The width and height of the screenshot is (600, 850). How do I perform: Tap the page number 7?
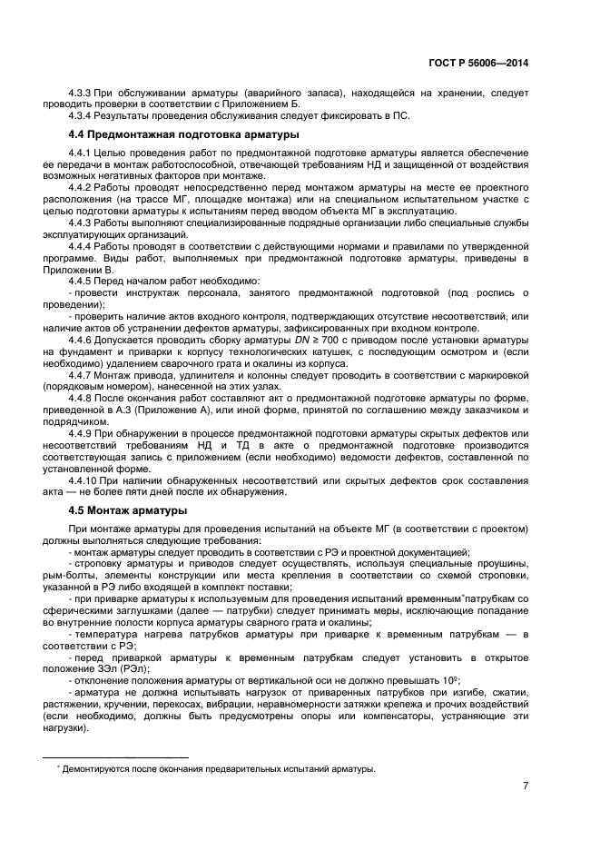pos(526,786)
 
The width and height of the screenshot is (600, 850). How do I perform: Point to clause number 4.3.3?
pos(83,94)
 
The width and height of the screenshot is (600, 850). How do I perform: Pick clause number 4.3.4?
pos(83,116)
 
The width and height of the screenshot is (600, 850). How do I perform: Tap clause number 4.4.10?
pos(85,479)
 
